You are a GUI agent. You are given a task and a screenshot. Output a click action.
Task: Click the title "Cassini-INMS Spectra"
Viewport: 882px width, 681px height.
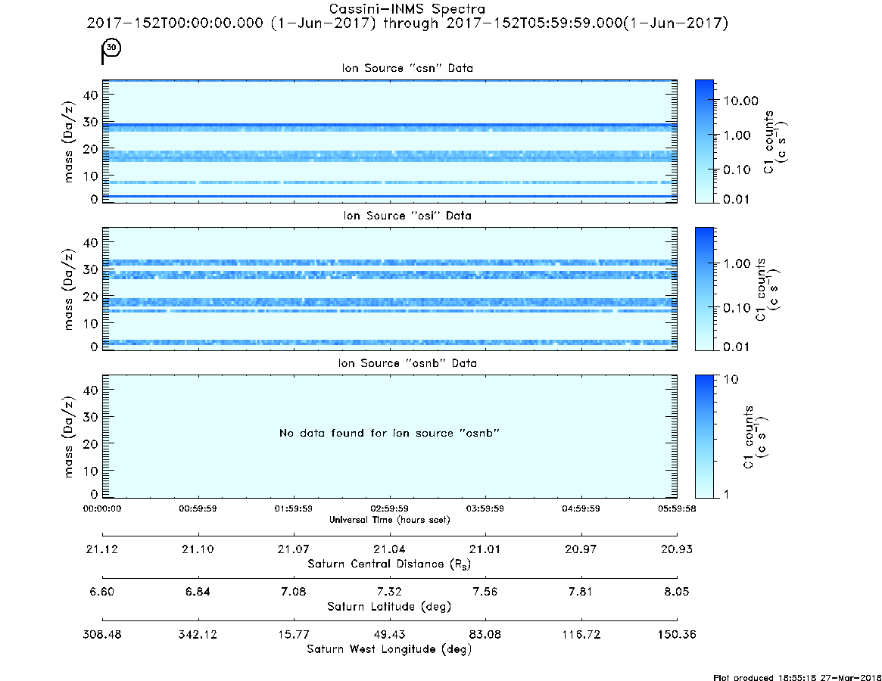(407, 9)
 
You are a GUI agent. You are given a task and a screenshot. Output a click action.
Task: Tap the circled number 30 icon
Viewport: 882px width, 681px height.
(112, 48)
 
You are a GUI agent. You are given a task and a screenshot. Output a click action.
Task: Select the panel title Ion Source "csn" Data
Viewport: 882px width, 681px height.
(407, 68)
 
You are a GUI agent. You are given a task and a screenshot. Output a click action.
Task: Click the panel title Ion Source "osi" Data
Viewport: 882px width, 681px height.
(407, 216)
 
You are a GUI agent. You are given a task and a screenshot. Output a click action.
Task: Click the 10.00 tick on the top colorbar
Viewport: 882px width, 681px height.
(741, 101)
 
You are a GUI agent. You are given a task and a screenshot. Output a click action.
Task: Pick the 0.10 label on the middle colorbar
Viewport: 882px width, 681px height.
(737, 308)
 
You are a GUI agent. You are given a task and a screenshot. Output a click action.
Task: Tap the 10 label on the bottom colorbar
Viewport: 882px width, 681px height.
(731, 379)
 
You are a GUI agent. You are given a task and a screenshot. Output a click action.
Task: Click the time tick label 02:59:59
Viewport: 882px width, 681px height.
(389, 508)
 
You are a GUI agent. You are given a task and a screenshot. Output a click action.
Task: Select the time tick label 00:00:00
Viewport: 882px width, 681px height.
(101, 508)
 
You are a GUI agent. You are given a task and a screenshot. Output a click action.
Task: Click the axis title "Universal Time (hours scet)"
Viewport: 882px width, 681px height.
(389, 520)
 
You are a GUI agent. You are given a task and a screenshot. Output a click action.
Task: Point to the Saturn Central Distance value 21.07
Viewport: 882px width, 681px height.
(294, 549)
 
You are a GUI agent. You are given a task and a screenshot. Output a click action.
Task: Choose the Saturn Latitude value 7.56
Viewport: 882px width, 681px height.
(485, 592)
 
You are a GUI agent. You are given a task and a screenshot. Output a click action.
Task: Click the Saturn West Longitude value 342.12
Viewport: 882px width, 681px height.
(198, 634)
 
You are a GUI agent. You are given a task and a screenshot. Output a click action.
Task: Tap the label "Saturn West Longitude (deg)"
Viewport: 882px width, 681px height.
(389, 649)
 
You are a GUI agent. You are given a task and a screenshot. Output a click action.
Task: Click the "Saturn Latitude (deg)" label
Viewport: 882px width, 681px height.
(389, 607)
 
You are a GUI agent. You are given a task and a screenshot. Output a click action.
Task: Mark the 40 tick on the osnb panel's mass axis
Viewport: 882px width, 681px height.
(91, 390)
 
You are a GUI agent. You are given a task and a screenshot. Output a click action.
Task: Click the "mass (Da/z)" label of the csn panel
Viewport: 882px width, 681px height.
(69, 141)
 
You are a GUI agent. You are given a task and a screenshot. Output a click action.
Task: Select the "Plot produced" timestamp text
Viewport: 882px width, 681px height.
(797, 677)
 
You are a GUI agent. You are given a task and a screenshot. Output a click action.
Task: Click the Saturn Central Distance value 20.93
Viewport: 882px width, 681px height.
(677, 549)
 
